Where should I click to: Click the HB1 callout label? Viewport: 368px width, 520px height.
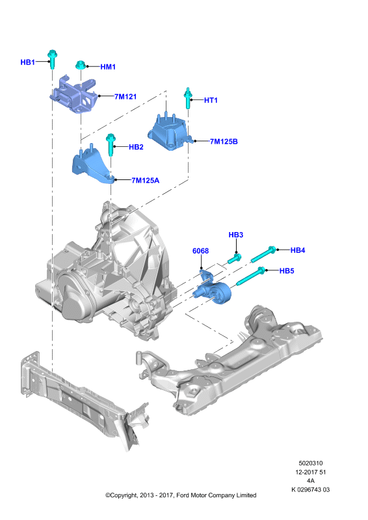tap(27, 62)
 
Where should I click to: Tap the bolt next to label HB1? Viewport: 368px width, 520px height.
tap(53, 59)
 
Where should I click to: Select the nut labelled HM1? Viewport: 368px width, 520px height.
tap(79, 65)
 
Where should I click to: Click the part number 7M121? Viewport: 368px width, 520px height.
tap(125, 96)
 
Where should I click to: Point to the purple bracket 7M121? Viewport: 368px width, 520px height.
tap(74, 94)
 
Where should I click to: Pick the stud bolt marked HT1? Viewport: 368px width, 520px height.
tap(188, 98)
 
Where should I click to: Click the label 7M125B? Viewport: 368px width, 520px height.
tap(224, 141)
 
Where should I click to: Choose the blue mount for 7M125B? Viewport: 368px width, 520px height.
tap(170, 133)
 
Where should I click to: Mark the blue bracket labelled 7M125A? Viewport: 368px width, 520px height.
tap(92, 165)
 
